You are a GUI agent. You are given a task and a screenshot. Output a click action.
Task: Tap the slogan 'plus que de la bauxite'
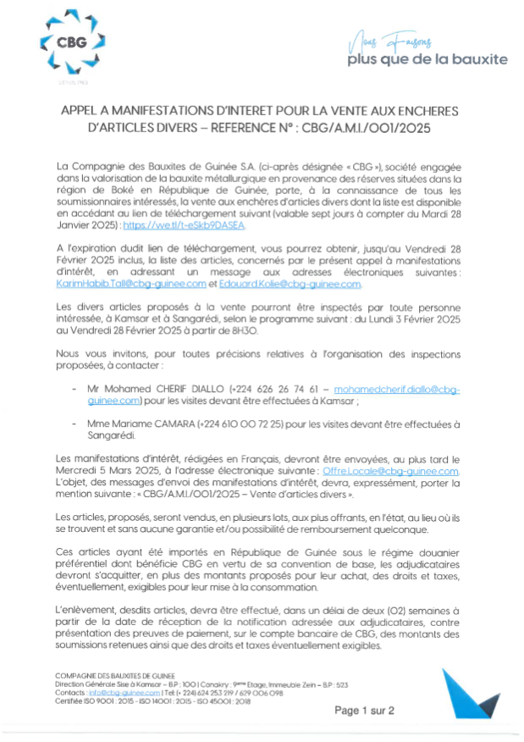click(427, 59)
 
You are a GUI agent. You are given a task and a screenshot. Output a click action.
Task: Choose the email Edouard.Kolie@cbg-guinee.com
click(290, 285)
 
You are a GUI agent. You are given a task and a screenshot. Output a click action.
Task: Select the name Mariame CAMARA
click(157, 423)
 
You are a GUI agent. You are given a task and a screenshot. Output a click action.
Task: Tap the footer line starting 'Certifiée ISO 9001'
click(139, 700)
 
